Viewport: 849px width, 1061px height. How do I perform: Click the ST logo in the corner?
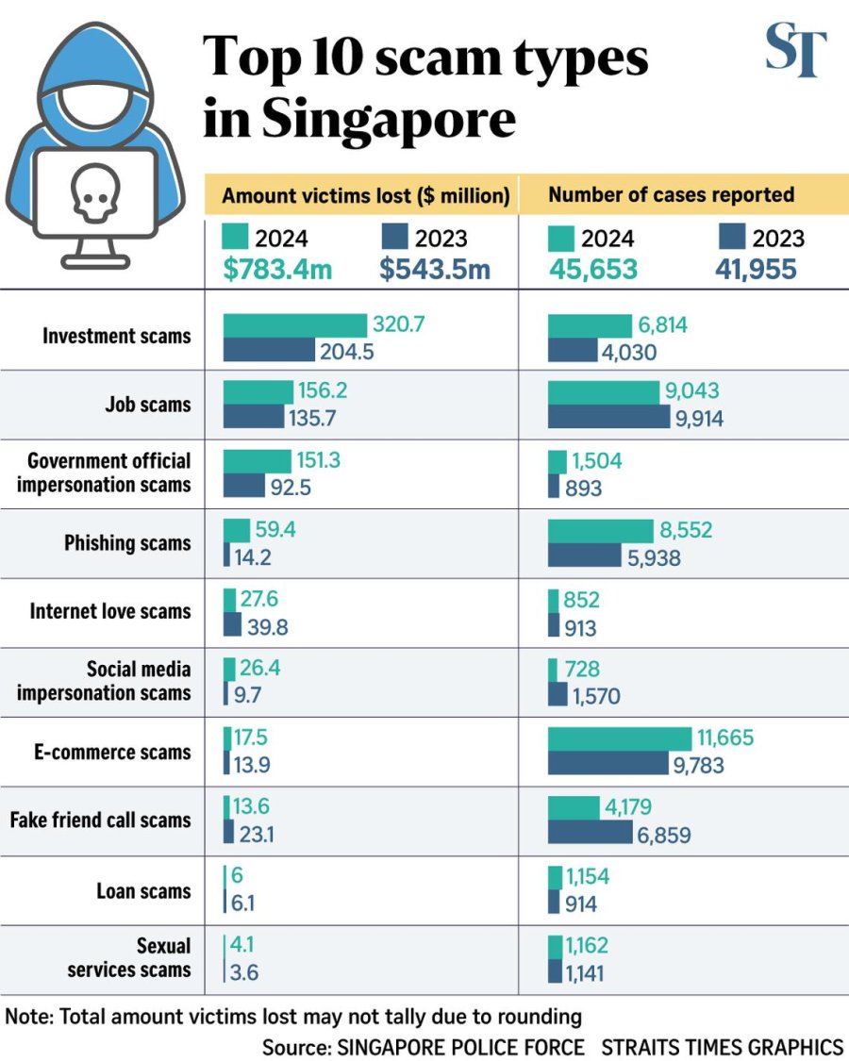796,53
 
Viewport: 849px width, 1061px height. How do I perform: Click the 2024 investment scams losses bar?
294,325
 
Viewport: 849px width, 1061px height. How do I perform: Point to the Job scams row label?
147,405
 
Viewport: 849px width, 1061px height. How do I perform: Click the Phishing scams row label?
127,543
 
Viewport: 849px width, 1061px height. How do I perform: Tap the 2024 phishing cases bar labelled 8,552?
600,531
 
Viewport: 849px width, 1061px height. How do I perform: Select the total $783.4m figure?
277,270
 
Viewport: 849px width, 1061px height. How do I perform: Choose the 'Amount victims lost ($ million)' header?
365,196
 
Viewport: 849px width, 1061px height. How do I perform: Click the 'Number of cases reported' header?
671,196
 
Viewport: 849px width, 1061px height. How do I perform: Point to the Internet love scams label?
110,611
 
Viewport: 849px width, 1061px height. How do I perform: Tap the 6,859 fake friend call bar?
590,833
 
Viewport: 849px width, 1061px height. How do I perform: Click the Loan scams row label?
143,891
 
